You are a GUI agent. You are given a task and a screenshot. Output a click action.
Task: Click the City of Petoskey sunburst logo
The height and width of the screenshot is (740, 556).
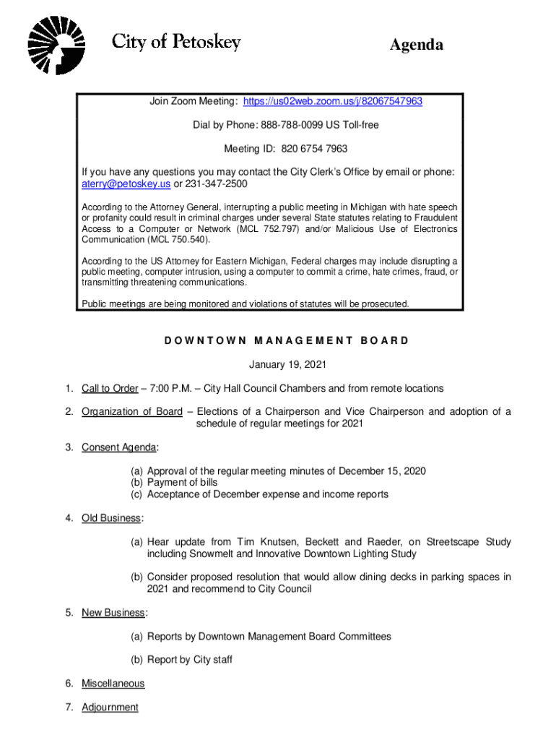(x=56, y=45)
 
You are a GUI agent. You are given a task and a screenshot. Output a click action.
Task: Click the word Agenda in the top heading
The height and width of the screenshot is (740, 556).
(x=417, y=46)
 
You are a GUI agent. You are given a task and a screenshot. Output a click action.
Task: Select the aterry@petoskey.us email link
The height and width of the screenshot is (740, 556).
(x=126, y=184)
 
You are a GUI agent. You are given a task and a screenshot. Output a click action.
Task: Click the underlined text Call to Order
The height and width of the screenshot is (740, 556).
(x=110, y=388)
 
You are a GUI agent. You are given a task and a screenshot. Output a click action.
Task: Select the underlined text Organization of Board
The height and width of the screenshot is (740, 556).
(x=132, y=412)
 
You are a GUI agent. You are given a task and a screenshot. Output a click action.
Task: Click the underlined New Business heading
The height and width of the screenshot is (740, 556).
(x=113, y=613)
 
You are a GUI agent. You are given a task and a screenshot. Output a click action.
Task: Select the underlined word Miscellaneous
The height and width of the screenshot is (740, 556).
(x=113, y=684)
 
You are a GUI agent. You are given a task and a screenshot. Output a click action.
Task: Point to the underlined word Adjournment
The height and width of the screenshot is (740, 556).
(x=110, y=707)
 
